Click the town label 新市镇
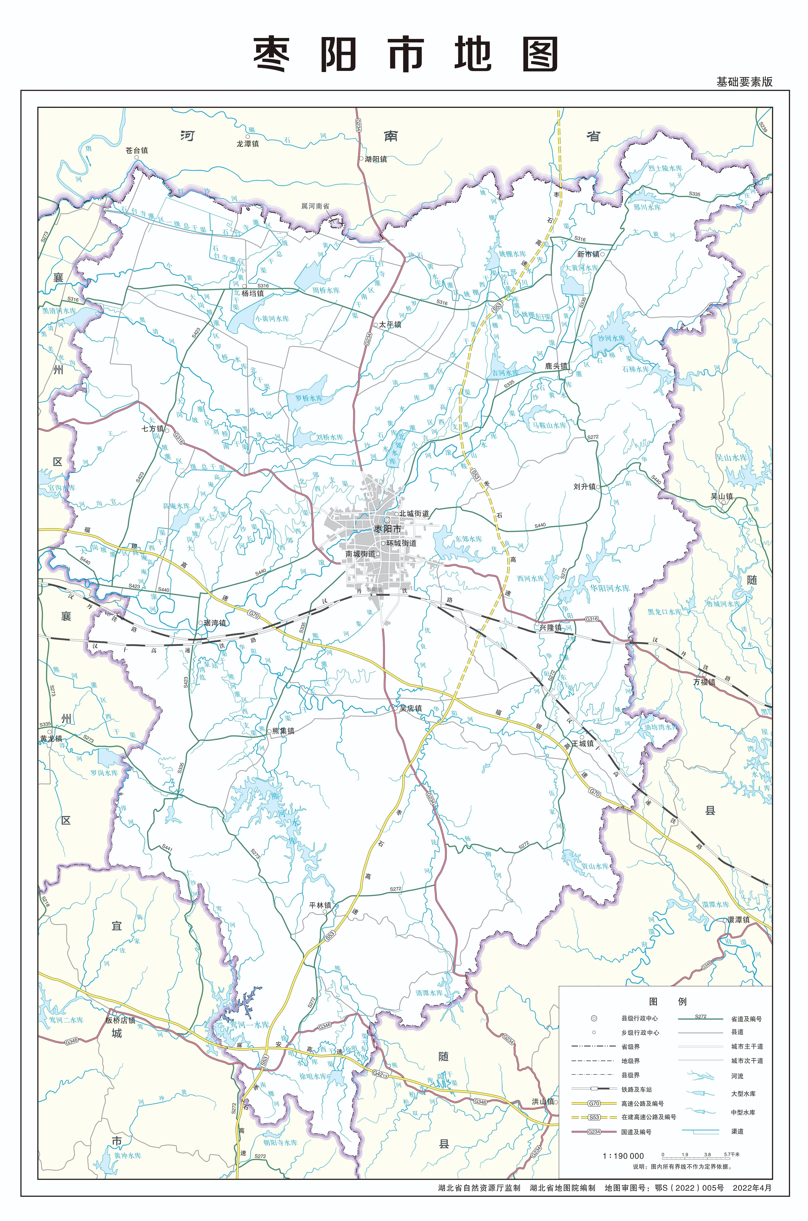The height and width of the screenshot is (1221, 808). [588, 254]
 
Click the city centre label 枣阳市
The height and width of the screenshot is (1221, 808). [388, 529]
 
